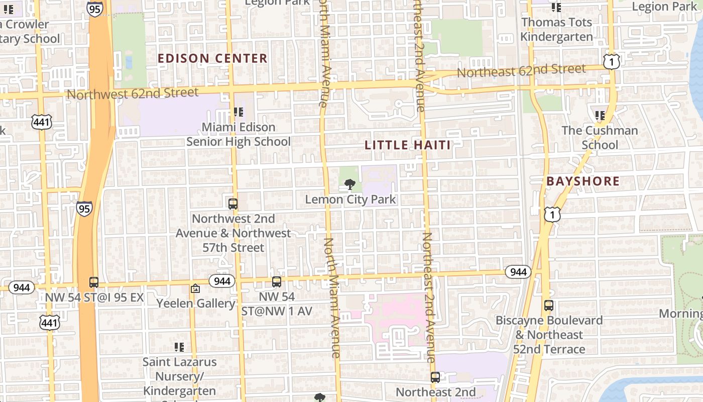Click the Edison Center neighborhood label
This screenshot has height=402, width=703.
[212, 58]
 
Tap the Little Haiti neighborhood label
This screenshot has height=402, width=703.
[407, 145]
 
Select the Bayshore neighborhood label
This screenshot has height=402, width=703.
[583, 181]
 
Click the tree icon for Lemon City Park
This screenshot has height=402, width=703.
[350, 184]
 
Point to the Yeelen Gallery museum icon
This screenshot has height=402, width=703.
[195, 288]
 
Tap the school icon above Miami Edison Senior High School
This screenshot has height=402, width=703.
[239, 112]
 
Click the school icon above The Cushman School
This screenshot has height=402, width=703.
[600, 116]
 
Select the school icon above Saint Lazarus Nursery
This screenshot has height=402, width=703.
[179, 347]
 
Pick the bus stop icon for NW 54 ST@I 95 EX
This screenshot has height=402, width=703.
[94, 282]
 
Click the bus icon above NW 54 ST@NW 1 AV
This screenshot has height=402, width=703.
[277, 282]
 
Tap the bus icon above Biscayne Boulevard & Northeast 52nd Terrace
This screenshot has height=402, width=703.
[549, 305]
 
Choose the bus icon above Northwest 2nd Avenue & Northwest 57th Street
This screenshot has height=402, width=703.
[233, 204]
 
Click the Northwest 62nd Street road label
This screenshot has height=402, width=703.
[133, 93]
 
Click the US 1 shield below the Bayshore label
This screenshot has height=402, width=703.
[552, 215]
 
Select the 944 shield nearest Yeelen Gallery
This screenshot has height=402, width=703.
[221, 280]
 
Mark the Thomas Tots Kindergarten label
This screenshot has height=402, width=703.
[556, 30]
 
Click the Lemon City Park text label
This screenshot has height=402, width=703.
[350, 199]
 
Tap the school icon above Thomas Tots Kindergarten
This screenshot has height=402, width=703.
[556, 8]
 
